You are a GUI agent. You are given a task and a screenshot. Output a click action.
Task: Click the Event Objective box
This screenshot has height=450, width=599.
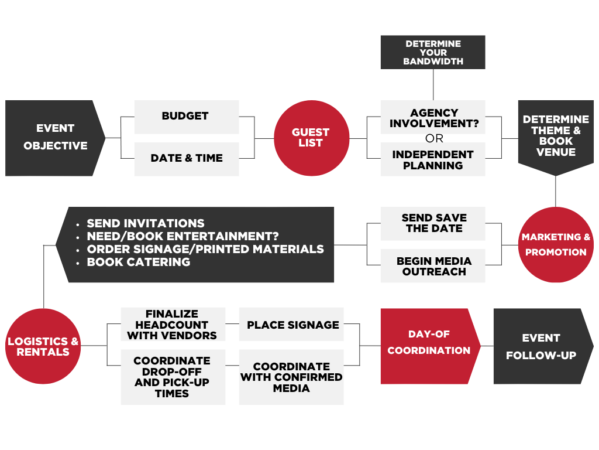coord(54,138)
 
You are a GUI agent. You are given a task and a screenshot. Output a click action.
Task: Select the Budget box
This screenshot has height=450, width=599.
coord(186,117)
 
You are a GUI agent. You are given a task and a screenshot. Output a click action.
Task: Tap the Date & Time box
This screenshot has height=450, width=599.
coord(186,159)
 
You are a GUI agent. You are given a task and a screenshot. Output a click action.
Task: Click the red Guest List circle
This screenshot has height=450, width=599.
coord(311,138)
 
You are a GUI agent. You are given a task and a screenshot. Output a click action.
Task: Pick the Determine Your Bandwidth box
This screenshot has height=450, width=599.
coord(433,52)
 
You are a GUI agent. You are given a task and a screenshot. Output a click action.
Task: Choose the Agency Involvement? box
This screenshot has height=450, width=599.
coord(433,117)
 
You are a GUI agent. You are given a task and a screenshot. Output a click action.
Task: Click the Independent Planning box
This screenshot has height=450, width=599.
coord(433,160)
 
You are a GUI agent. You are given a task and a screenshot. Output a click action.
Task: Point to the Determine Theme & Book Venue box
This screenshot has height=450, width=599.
coord(556,137)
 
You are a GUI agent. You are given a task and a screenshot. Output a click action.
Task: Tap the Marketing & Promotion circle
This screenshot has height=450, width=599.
coord(556,245)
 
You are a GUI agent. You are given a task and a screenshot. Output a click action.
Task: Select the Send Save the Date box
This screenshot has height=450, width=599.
coord(433,223)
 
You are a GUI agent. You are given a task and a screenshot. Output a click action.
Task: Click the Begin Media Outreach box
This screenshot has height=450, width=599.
coord(433,266)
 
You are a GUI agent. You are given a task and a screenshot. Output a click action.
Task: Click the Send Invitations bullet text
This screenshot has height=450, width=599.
coord(146,223)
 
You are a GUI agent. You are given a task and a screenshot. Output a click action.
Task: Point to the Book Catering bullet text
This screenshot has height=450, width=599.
coord(139,262)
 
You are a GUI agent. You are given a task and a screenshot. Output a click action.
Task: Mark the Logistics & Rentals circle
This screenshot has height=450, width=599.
coord(43,346)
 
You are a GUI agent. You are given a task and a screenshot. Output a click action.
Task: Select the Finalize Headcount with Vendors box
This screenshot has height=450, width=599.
coord(173,325)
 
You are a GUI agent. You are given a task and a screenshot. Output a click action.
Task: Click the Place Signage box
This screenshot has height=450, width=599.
coord(291,325)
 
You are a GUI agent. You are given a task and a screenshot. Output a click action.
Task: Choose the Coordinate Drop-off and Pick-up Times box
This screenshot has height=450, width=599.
coord(173,377)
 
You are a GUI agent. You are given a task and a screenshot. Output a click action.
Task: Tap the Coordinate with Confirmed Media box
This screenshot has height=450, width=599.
coord(291,377)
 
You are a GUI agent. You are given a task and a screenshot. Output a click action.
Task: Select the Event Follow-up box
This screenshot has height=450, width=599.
coord(542,346)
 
